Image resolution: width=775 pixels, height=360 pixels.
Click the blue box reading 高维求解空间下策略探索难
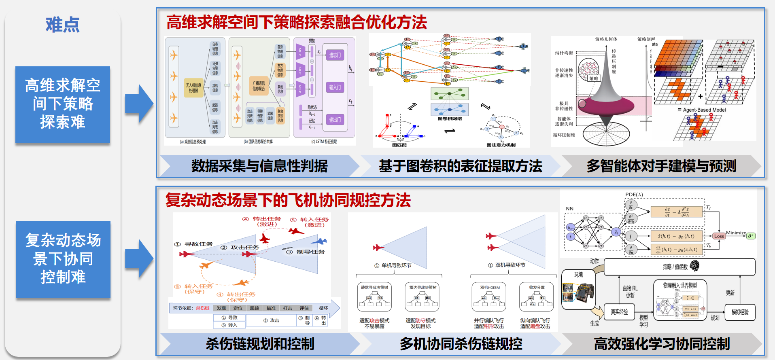(63, 104)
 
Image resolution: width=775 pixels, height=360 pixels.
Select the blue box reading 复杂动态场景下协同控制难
(63, 259)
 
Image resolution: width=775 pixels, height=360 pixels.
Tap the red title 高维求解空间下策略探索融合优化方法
(297, 22)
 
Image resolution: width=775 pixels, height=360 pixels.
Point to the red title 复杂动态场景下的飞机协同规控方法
(288, 200)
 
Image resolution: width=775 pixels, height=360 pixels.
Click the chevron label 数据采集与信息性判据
(259, 166)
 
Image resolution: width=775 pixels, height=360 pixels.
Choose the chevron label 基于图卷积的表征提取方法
(460, 166)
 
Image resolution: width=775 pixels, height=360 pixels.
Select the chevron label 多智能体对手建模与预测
(661, 166)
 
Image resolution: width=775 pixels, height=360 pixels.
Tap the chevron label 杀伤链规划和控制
(260, 344)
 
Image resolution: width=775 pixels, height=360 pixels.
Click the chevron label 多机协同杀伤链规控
(461, 344)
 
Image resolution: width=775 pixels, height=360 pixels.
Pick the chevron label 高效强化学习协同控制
(661, 344)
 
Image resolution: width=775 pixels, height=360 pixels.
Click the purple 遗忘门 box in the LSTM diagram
(335, 55)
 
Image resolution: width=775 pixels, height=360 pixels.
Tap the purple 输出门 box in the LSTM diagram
(335, 120)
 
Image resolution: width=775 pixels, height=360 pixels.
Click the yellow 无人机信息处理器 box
(193, 88)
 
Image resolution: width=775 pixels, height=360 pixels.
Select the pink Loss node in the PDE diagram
(719, 236)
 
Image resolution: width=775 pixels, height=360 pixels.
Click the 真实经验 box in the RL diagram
(619, 312)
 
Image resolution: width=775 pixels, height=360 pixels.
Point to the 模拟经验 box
(740, 312)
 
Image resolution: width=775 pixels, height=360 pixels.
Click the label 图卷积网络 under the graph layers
(450, 119)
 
